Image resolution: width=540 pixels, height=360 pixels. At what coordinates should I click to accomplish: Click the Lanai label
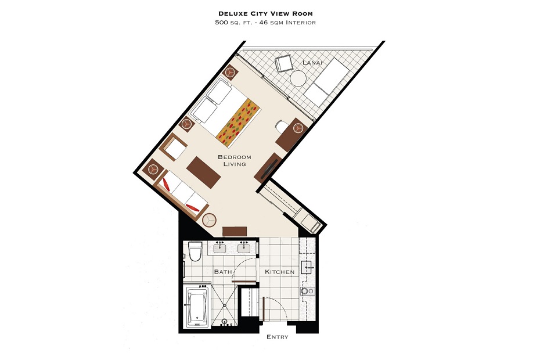pyautogui.click(x=312, y=63)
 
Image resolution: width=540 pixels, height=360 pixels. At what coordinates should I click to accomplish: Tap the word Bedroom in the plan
pyautogui.click(x=235, y=157)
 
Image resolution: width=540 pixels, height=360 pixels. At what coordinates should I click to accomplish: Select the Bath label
pyautogui.click(x=223, y=272)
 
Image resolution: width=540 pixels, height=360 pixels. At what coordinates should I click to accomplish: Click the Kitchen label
pyautogui.click(x=280, y=272)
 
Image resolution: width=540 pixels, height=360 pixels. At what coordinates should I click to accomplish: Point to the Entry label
pyautogui.click(x=277, y=337)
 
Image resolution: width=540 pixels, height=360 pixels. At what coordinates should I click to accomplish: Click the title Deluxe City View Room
pyautogui.click(x=265, y=14)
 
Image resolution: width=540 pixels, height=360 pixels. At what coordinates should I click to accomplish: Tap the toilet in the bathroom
pyautogui.click(x=195, y=251)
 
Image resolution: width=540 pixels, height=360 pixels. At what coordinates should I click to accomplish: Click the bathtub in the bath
pyautogui.click(x=197, y=307)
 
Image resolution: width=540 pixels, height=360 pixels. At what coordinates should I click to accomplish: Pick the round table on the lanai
pyautogui.click(x=298, y=78)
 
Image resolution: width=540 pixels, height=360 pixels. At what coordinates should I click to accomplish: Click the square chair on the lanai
pyautogui.click(x=284, y=64)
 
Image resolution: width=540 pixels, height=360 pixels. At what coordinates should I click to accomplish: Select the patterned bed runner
pyautogui.click(x=238, y=123)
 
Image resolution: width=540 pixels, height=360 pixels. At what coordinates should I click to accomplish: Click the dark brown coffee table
pyautogui.click(x=204, y=172)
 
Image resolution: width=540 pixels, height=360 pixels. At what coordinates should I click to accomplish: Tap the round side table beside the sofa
pyautogui.click(x=209, y=220)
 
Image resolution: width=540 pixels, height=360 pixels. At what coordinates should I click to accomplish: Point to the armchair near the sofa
pyautogui.click(x=174, y=147)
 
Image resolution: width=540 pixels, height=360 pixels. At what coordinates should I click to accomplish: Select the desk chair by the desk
pyautogui.click(x=281, y=127)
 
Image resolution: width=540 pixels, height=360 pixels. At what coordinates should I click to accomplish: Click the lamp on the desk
pyautogui.click(x=297, y=128)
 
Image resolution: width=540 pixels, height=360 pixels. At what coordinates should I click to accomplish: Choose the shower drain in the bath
pyautogui.click(x=225, y=305)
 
